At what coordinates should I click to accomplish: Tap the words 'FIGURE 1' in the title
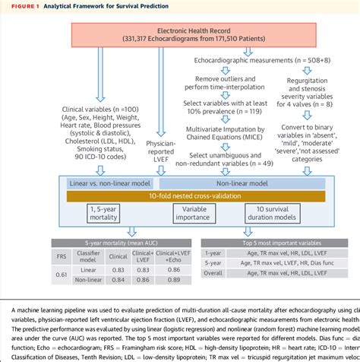coord(23,5)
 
